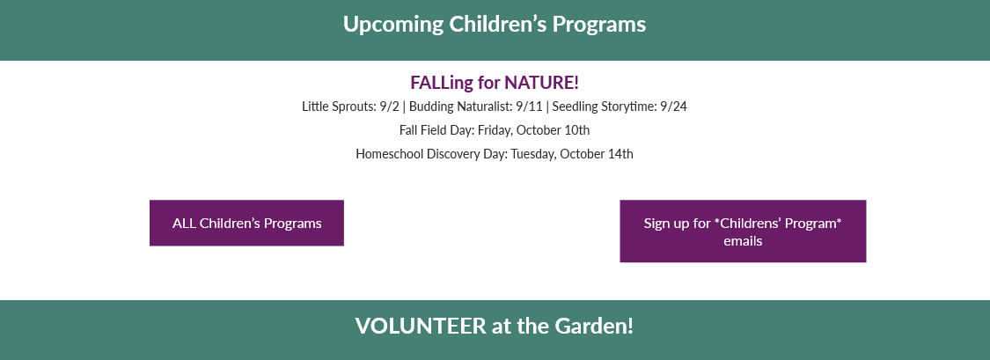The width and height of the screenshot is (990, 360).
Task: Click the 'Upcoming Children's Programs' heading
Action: coord(495,25)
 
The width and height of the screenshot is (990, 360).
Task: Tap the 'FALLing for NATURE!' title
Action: coord(495,83)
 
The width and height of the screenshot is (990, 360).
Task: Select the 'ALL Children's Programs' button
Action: coord(247,223)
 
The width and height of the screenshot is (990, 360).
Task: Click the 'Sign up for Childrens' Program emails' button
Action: coord(743,231)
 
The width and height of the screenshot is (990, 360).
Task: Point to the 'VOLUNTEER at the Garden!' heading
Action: coord(495,327)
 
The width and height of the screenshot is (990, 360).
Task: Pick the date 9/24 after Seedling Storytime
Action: coord(674,107)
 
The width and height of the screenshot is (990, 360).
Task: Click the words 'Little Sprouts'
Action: coord(338,107)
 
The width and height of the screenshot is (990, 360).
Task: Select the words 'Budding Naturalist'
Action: coord(459,107)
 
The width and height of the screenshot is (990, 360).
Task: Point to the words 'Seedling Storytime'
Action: coord(605,107)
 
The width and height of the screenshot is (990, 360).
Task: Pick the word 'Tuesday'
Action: coord(533,153)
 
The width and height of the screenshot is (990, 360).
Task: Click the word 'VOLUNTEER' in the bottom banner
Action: coord(421,327)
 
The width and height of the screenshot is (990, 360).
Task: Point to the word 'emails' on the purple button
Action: coord(743,241)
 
